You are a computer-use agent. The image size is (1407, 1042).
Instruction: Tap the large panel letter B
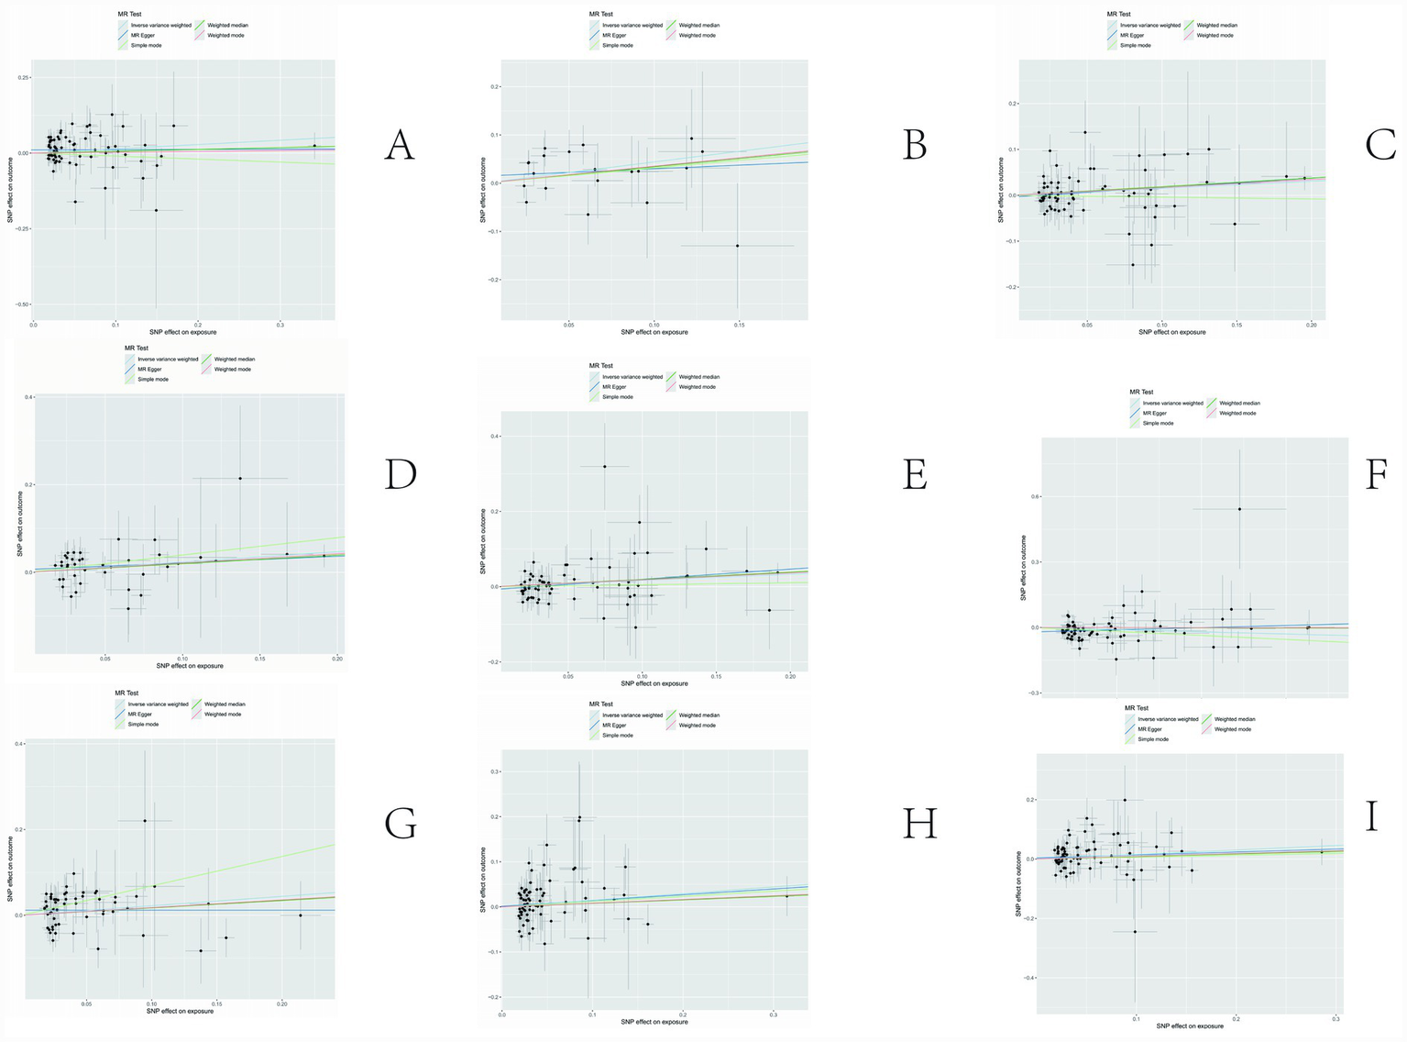915,145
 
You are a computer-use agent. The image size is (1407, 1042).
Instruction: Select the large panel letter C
1380,145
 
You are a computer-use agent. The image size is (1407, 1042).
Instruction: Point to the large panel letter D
400,473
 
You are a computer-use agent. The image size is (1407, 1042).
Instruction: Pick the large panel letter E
915,475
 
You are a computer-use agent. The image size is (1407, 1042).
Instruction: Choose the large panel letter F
1375,475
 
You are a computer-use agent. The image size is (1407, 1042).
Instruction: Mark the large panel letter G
401,823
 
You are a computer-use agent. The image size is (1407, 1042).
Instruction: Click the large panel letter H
919,824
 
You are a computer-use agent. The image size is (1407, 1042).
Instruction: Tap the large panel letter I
1371,815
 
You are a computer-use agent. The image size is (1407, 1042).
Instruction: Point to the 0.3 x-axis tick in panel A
280,325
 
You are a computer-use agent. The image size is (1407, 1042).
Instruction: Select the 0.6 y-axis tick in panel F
1030,496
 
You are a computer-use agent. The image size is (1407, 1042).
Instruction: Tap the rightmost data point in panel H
786,896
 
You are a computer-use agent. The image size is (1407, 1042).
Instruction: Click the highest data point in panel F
1239,509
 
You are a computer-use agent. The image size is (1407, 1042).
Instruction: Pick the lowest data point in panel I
1135,932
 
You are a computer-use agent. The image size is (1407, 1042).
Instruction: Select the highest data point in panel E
605,466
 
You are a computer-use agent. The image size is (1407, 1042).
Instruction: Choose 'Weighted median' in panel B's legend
698,25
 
